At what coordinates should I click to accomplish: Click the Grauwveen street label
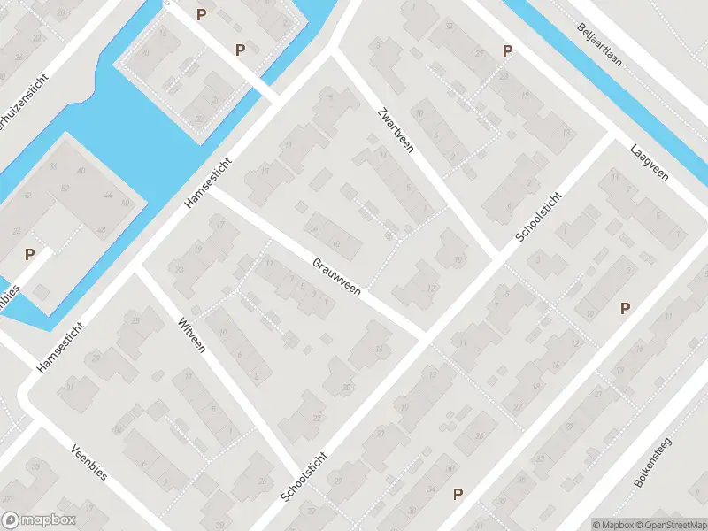[336, 277]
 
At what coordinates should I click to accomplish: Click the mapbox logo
[38, 520]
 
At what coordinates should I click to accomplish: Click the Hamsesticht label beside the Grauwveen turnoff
[209, 183]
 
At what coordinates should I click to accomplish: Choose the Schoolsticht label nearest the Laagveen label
[538, 217]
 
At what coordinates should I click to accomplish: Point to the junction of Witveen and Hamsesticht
[137, 267]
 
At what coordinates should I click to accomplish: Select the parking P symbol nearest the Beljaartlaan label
[507, 51]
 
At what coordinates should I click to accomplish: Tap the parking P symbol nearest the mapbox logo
[29, 255]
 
